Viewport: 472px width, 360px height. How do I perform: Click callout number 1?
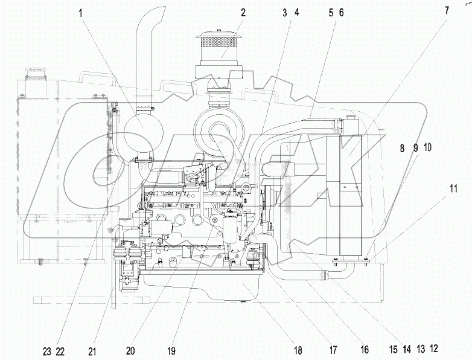click(80, 11)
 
